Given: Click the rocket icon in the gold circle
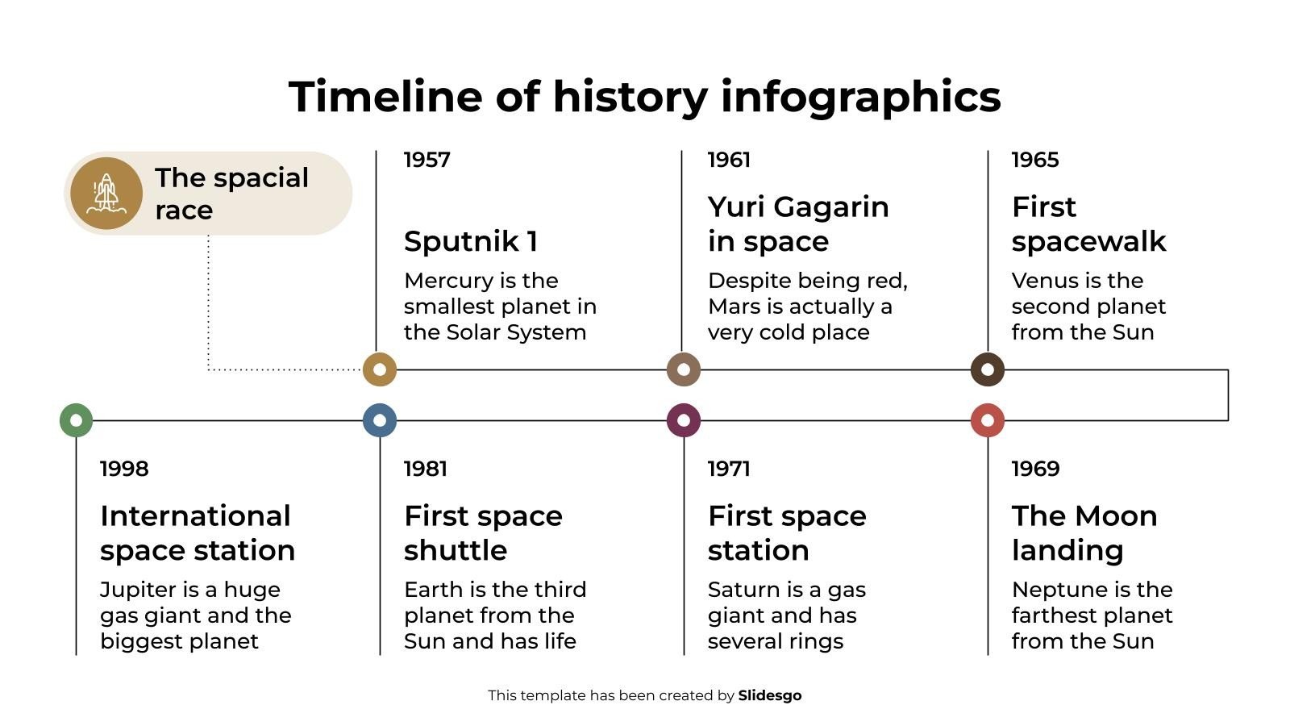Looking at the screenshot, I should click(x=106, y=194).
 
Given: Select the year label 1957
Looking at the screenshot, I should click(x=427, y=160).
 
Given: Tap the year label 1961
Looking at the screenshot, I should click(x=729, y=160).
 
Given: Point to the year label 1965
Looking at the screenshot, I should click(x=1034, y=160).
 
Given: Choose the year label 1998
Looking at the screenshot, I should click(x=124, y=469).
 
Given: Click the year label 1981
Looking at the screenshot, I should click(x=425, y=469).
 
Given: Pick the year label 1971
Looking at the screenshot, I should click(x=729, y=469).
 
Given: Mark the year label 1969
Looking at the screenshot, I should click(x=1035, y=469).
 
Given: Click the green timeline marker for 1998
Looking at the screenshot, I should click(x=76, y=420).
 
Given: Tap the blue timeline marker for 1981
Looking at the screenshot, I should click(x=380, y=420).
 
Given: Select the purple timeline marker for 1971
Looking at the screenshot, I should click(x=684, y=420).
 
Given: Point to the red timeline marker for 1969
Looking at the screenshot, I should click(x=988, y=420).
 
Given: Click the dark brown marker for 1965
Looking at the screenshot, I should click(x=988, y=370).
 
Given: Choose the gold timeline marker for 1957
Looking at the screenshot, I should click(x=380, y=370).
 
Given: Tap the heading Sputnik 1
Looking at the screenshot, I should click(x=470, y=241).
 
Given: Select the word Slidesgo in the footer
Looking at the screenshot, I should click(x=769, y=695).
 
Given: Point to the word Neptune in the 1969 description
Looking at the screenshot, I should click(x=1059, y=590).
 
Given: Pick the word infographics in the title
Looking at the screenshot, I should click(x=860, y=97).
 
